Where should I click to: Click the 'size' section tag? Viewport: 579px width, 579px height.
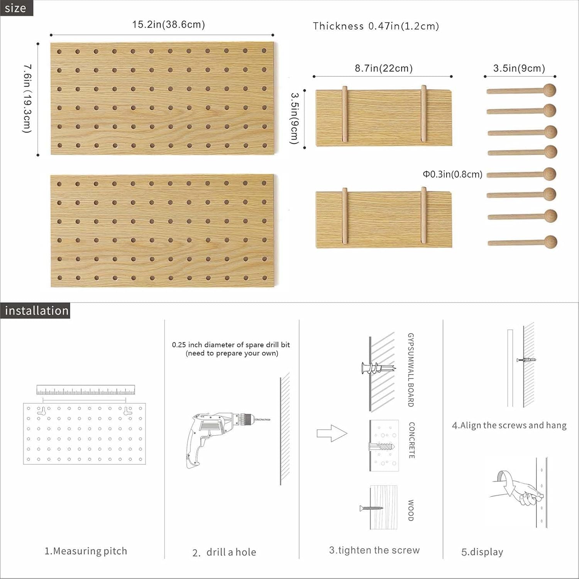tap(16, 8)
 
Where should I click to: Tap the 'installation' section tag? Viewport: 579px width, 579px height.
tap(36, 311)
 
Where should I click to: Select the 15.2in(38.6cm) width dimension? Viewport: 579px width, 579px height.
tap(168, 25)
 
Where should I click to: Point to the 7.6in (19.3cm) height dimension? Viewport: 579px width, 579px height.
tap(27, 99)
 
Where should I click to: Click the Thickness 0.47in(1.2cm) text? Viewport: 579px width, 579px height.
tap(376, 26)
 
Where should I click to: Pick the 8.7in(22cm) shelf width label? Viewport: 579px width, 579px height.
tap(384, 68)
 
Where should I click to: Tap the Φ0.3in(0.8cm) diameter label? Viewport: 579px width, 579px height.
tap(452, 174)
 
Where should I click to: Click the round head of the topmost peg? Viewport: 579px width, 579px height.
tap(549, 90)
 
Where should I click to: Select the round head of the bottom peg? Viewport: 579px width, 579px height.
tap(550, 242)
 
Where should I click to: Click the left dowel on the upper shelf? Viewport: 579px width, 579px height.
tap(345, 115)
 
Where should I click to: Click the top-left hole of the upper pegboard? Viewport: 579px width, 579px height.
tap(59, 51)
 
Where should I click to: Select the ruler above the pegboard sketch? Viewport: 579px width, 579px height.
tap(86, 390)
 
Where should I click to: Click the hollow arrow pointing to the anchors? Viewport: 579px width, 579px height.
tap(332, 433)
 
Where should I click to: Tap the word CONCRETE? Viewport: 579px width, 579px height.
tap(411, 440)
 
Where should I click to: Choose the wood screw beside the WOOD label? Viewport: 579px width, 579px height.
tap(371, 508)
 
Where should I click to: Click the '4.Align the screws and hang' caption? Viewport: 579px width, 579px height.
tap(509, 425)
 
